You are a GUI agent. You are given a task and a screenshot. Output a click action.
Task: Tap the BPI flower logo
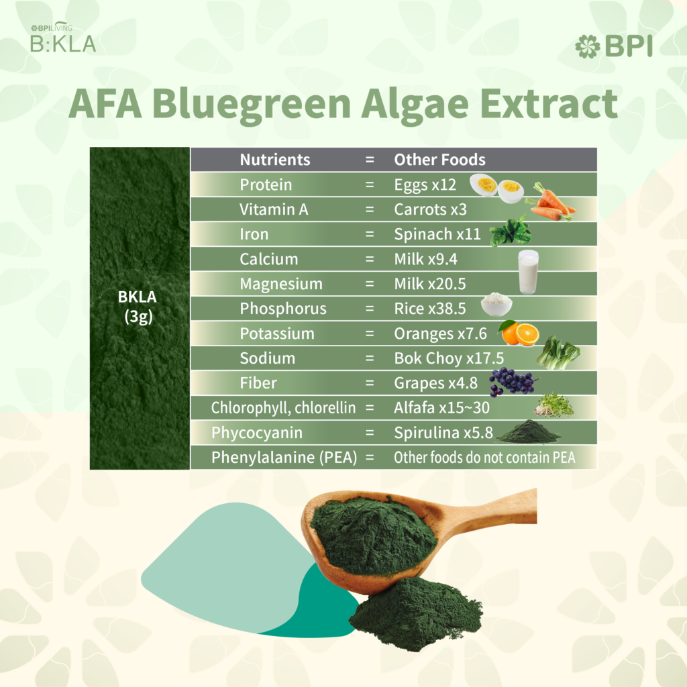coord(588,46)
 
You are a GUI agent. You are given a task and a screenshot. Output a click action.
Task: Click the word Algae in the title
coord(415,105)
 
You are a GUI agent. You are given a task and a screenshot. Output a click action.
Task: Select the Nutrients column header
coord(274,160)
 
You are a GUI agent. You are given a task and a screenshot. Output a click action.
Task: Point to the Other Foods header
coord(439,160)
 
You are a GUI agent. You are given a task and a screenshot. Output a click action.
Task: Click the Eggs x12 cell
coord(425,185)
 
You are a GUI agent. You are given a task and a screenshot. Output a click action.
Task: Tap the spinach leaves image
coord(510,231)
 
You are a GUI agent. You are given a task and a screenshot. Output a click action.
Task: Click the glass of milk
coord(528,272)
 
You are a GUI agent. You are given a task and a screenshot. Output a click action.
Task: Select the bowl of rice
coord(496,304)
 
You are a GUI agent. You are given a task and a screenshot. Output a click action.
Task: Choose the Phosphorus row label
coord(283,309)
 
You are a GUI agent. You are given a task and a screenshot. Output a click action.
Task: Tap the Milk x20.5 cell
coord(430,284)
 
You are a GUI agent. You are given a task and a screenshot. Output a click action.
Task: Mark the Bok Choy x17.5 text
coord(449,358)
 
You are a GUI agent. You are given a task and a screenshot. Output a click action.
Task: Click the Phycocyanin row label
coord(257,433)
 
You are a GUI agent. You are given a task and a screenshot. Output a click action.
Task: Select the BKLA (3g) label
coord(138,307)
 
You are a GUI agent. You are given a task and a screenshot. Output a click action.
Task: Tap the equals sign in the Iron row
coord(370,234)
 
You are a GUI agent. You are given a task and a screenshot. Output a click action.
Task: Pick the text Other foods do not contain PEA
coord(484,458)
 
